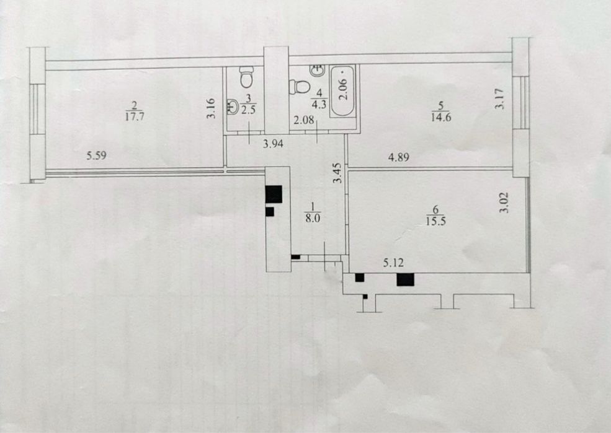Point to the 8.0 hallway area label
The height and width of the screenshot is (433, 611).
(314, 218)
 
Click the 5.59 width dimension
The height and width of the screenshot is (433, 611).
(97, 156)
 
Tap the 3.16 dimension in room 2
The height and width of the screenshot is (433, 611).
(211, 108)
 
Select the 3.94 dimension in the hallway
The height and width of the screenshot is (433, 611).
(274, 144)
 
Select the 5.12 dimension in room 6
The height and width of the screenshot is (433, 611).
(394, 263)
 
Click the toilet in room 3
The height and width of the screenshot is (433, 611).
(247, 77)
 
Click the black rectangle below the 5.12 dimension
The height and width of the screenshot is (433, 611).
(405, 279)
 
